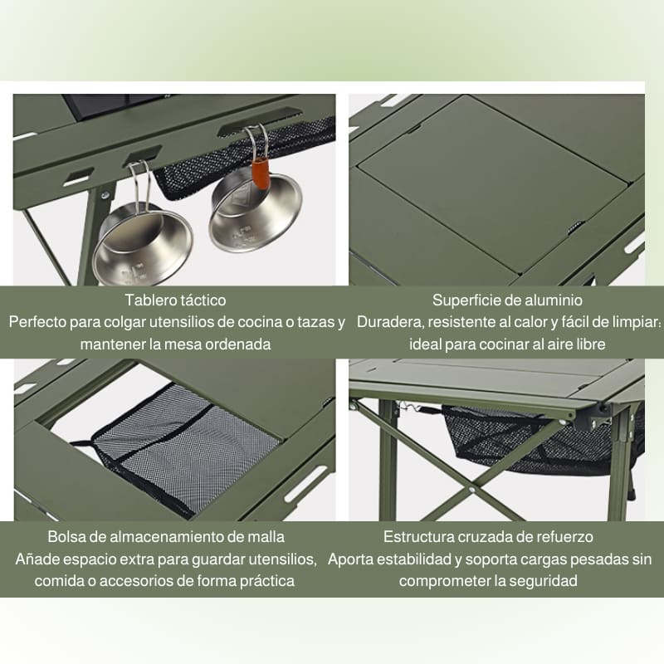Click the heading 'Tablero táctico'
point(175,300)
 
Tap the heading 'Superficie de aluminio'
point(507,300)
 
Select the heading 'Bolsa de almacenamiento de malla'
point(166,536)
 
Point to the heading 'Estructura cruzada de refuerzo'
point(488,536)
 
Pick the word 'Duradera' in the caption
point(390,322)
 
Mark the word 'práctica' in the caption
point(267,581)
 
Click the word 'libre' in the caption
point(591,344)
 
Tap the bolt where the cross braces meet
point(471,490)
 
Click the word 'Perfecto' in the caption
point(37,322)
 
